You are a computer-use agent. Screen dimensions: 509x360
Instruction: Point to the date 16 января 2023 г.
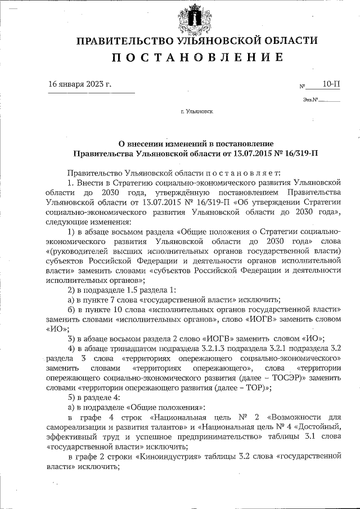click(80, 84)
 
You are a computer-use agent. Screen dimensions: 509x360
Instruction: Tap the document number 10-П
click(331, 84)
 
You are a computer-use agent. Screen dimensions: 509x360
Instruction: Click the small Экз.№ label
click(310, 100)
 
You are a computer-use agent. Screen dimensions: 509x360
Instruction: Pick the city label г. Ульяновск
click(197, 112)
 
